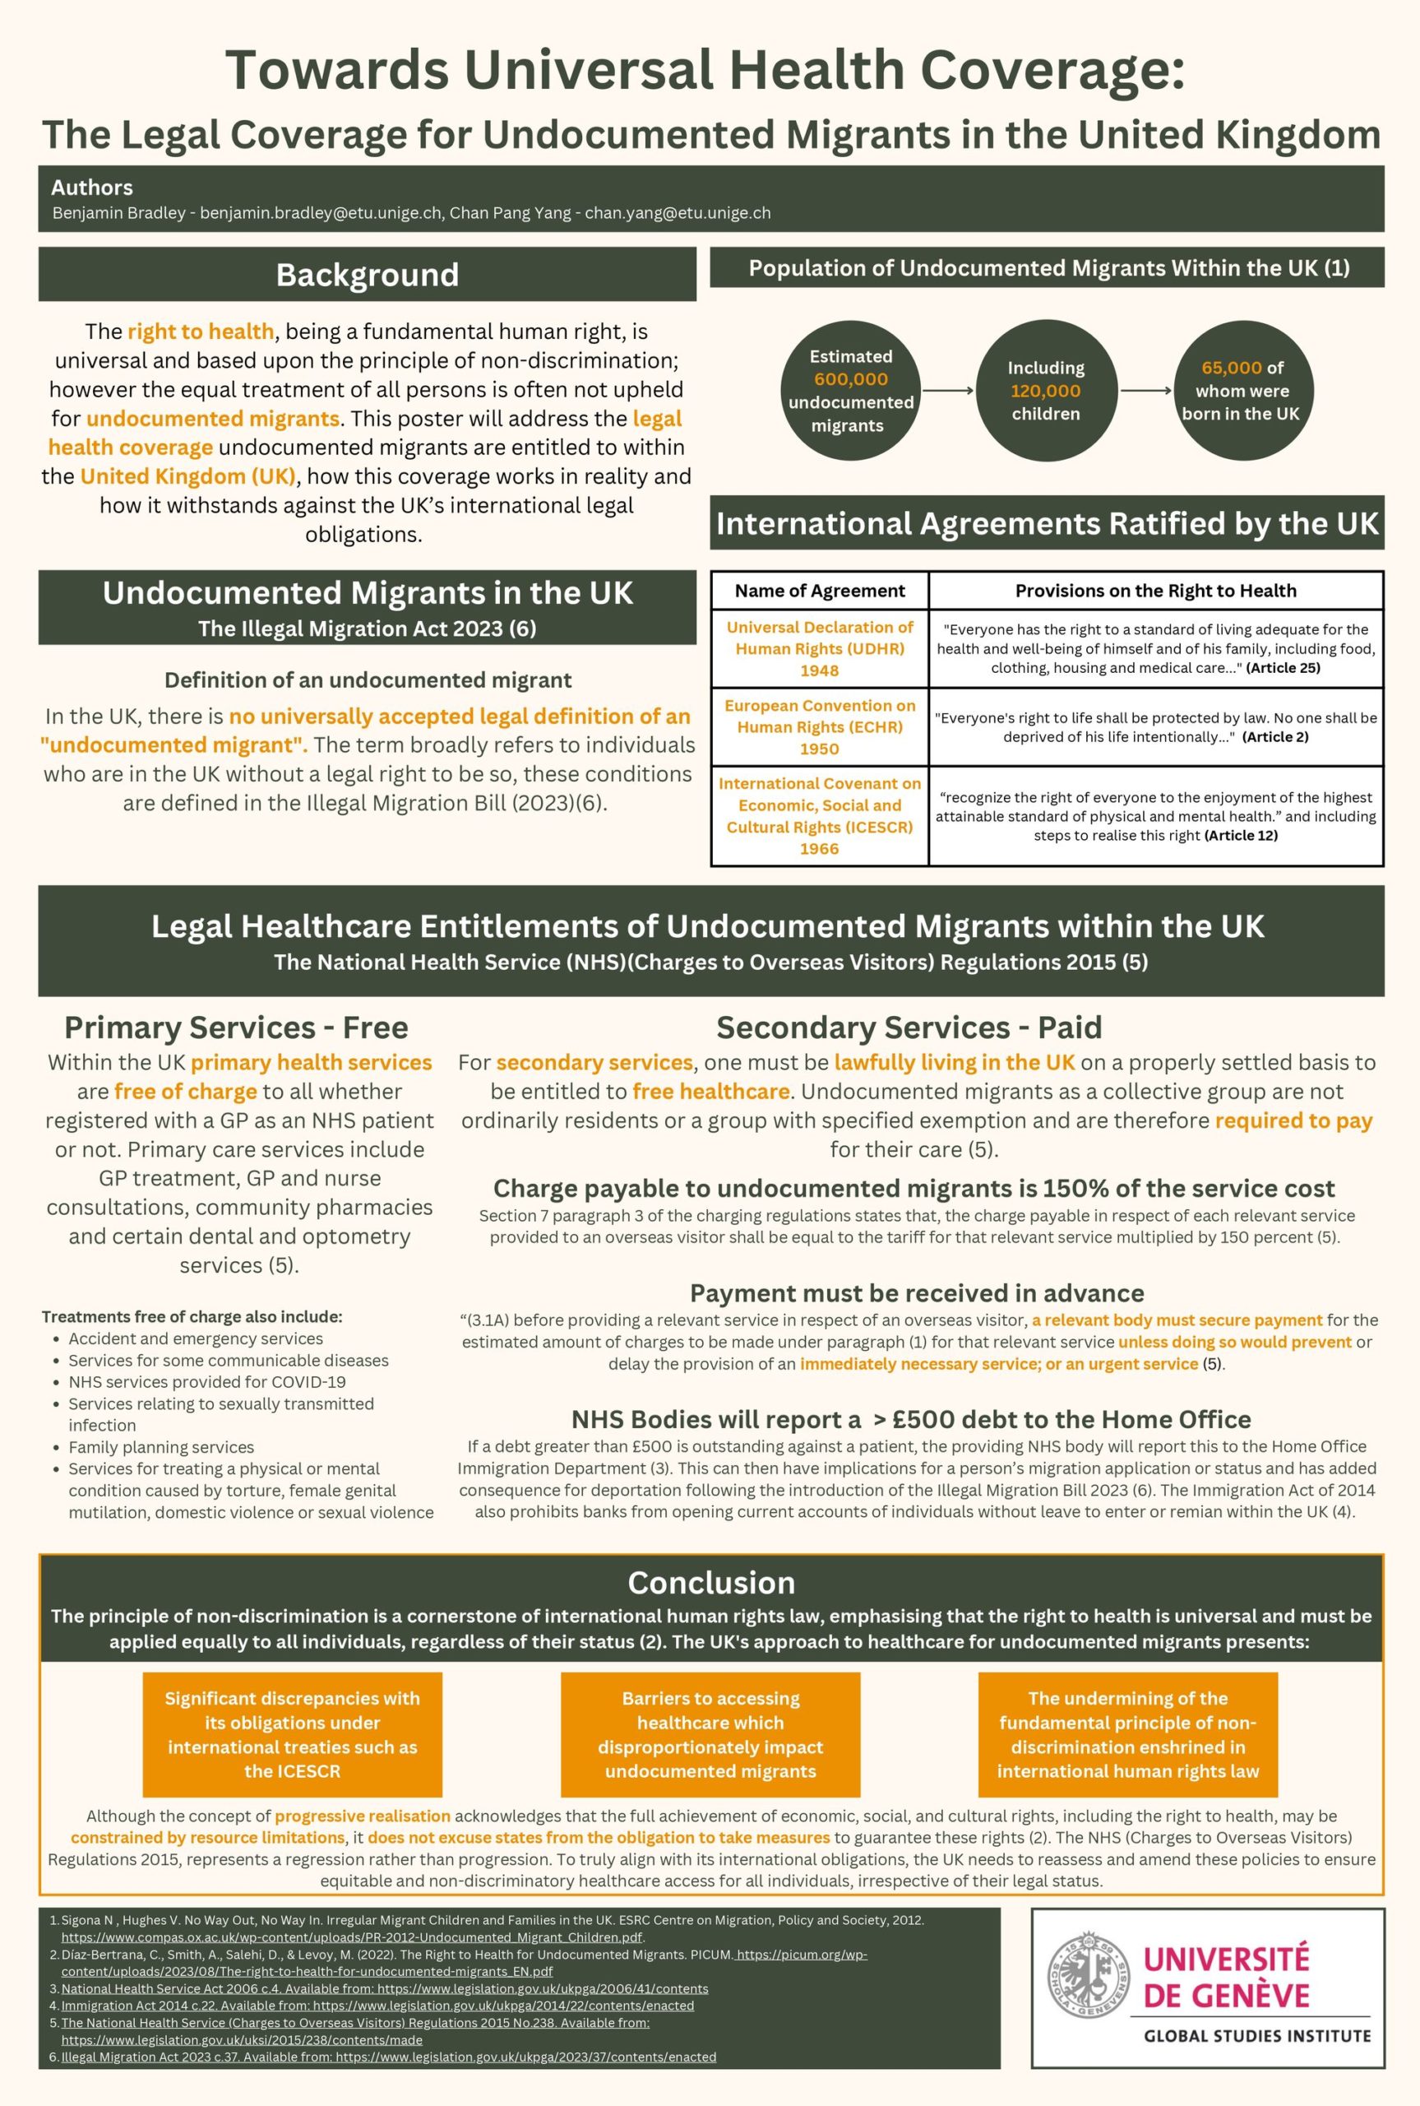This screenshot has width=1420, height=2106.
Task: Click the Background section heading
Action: pos(367,275)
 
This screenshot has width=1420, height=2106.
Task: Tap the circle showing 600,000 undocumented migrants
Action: pos(849,392)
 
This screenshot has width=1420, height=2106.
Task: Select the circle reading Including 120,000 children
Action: pos(1045,392)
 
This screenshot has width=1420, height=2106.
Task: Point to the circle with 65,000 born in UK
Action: pos(1240,392)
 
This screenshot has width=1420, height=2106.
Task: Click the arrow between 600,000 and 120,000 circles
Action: pos(947,392)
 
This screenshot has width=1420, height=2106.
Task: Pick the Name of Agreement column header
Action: pos(820,591)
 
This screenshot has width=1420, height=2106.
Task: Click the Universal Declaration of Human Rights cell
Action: pos(820,648)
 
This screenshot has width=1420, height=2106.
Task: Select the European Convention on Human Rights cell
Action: pos(820,726)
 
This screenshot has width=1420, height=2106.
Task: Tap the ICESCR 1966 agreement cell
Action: pos(820,816)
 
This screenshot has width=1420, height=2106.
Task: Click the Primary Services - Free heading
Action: pos(236,1028)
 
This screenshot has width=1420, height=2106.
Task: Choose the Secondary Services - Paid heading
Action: pos(909,1028)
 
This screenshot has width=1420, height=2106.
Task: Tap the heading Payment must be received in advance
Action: pos(917,1293)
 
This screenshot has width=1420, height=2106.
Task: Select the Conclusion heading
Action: pos(711,1583)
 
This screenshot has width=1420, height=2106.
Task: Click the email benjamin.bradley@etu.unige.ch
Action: pos(321,213)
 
